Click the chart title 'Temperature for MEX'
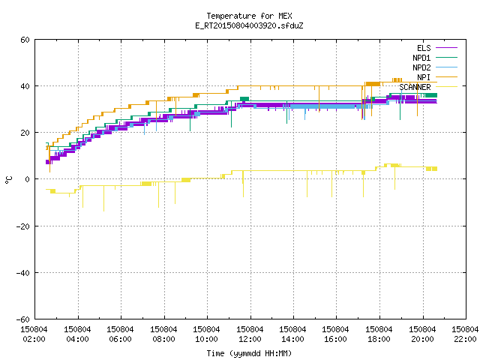point(249,16)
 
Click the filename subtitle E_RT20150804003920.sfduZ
point(249,25)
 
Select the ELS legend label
point(424,48)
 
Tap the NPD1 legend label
point(421,58)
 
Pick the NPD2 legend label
point(421,67)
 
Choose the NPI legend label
point(424,77)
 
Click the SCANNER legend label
point(415,87)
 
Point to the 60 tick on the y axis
point(25,40)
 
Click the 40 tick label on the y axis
point(25,86)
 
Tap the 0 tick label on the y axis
point(28,179)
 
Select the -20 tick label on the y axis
point(23,226)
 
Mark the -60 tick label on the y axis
point(23,319)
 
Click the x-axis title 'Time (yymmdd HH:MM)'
point(249,353)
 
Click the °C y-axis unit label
point(8,180)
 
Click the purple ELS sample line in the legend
point(446,48)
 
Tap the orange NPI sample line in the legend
point(446,77)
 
